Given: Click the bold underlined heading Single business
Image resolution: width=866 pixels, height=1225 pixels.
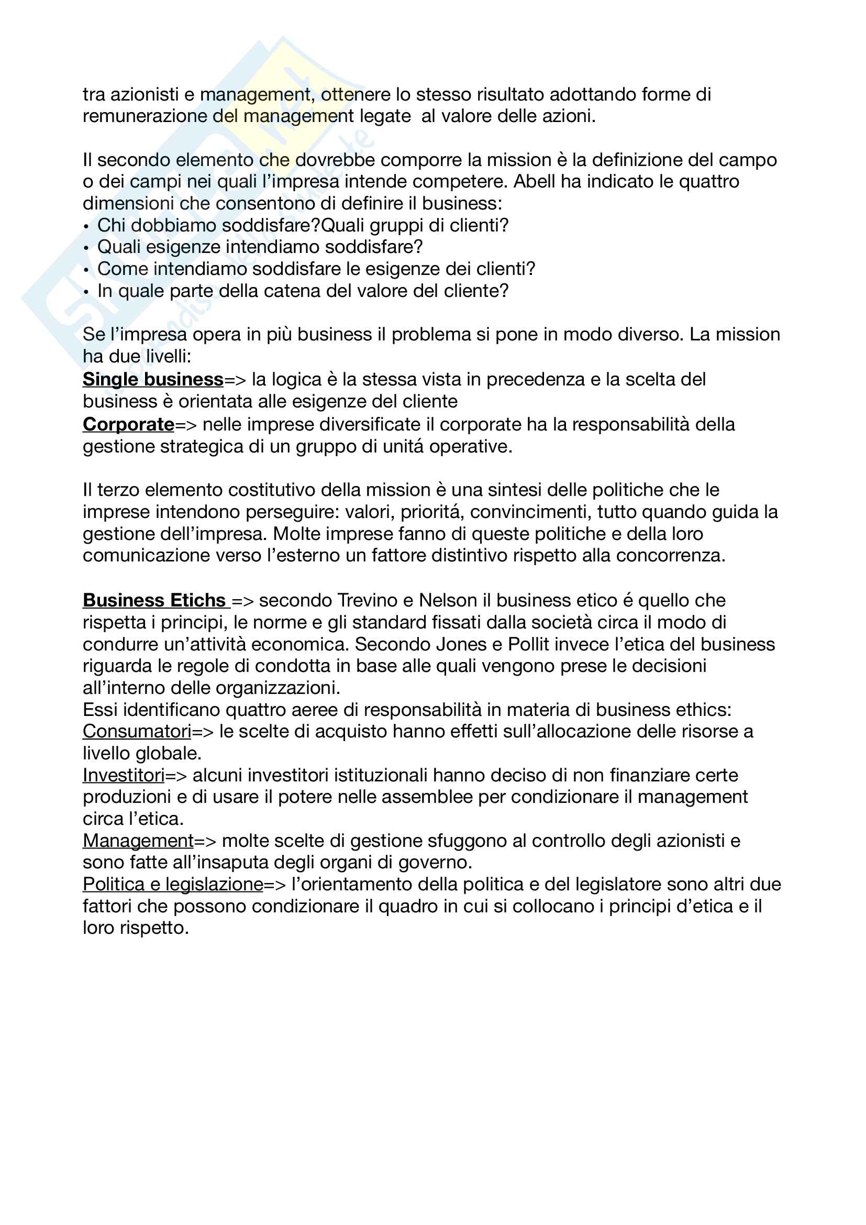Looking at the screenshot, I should (152, 379).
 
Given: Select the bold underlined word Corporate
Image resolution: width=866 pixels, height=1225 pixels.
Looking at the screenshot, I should (128, 424).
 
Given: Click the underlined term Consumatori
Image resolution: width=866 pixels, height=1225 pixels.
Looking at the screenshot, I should (137, 731).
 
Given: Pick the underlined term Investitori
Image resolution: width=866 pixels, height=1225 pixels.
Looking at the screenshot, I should (123, 775).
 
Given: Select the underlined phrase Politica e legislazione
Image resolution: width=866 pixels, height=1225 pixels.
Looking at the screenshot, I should (173, 884).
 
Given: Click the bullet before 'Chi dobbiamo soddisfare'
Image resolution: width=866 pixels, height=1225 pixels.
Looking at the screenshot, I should (86, 226).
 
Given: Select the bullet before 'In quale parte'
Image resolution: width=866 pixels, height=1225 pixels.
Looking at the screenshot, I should (86, 292).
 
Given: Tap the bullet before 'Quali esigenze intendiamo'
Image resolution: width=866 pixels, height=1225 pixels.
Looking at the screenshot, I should (86, 248).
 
